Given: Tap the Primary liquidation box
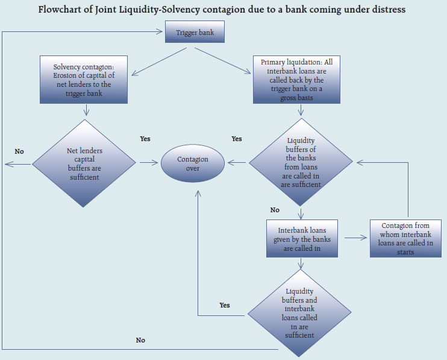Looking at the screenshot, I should (x=301, y=79).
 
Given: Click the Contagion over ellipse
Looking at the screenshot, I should (x=192, y=163).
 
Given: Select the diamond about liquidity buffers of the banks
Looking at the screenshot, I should (x=301, y=162).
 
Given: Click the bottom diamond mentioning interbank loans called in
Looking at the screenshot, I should (x=299, y=313).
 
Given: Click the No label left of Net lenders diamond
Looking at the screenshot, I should (x=19, y=151).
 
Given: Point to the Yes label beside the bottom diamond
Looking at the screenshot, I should (x=225, y=305).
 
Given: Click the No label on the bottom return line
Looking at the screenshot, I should (x=140, y=340).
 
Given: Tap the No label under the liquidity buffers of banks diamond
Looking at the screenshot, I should (x=275, y=210).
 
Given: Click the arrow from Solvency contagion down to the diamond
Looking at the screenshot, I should (x=87, y=109).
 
